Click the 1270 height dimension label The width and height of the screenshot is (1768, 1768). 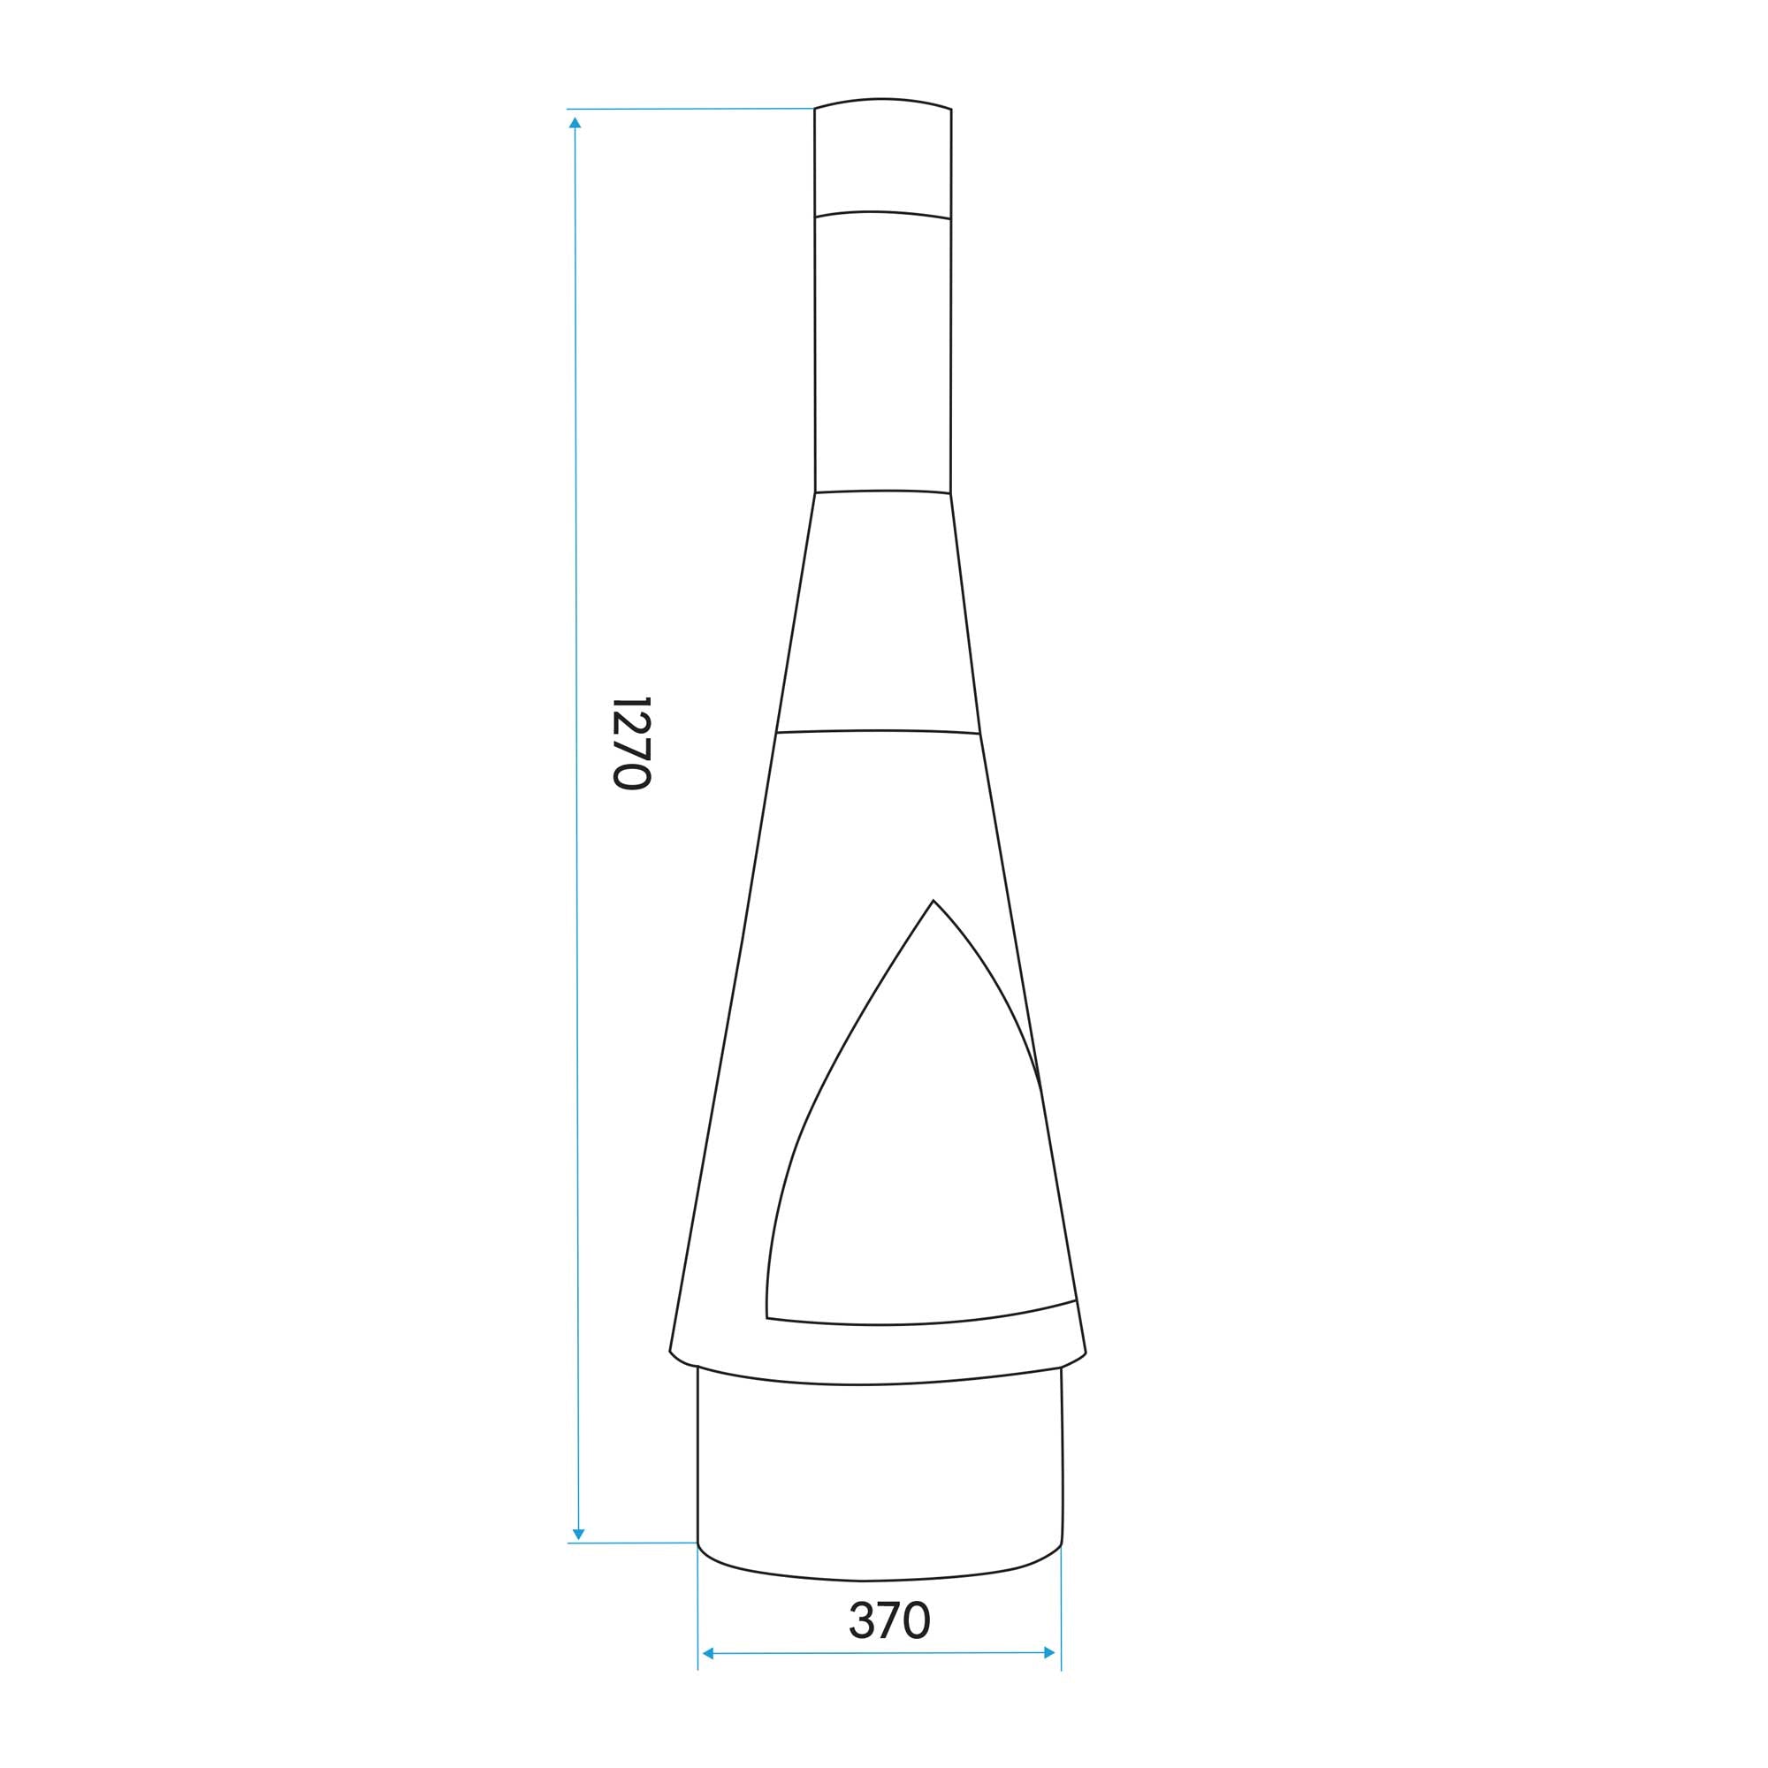(x=630, y=743)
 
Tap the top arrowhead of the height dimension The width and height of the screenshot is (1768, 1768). (x=575, y=122)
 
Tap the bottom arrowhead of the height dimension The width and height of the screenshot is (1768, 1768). (x=577, y=1534)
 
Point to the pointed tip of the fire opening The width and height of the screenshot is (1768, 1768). (x=933, y=901)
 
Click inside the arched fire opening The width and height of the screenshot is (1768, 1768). (x=906, y=1190)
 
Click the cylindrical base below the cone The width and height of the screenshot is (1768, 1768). (x=879, y=1482)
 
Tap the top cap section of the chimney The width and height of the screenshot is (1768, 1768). (x=882, y=156)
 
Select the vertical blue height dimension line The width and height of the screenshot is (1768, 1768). (x=576, y=824)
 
